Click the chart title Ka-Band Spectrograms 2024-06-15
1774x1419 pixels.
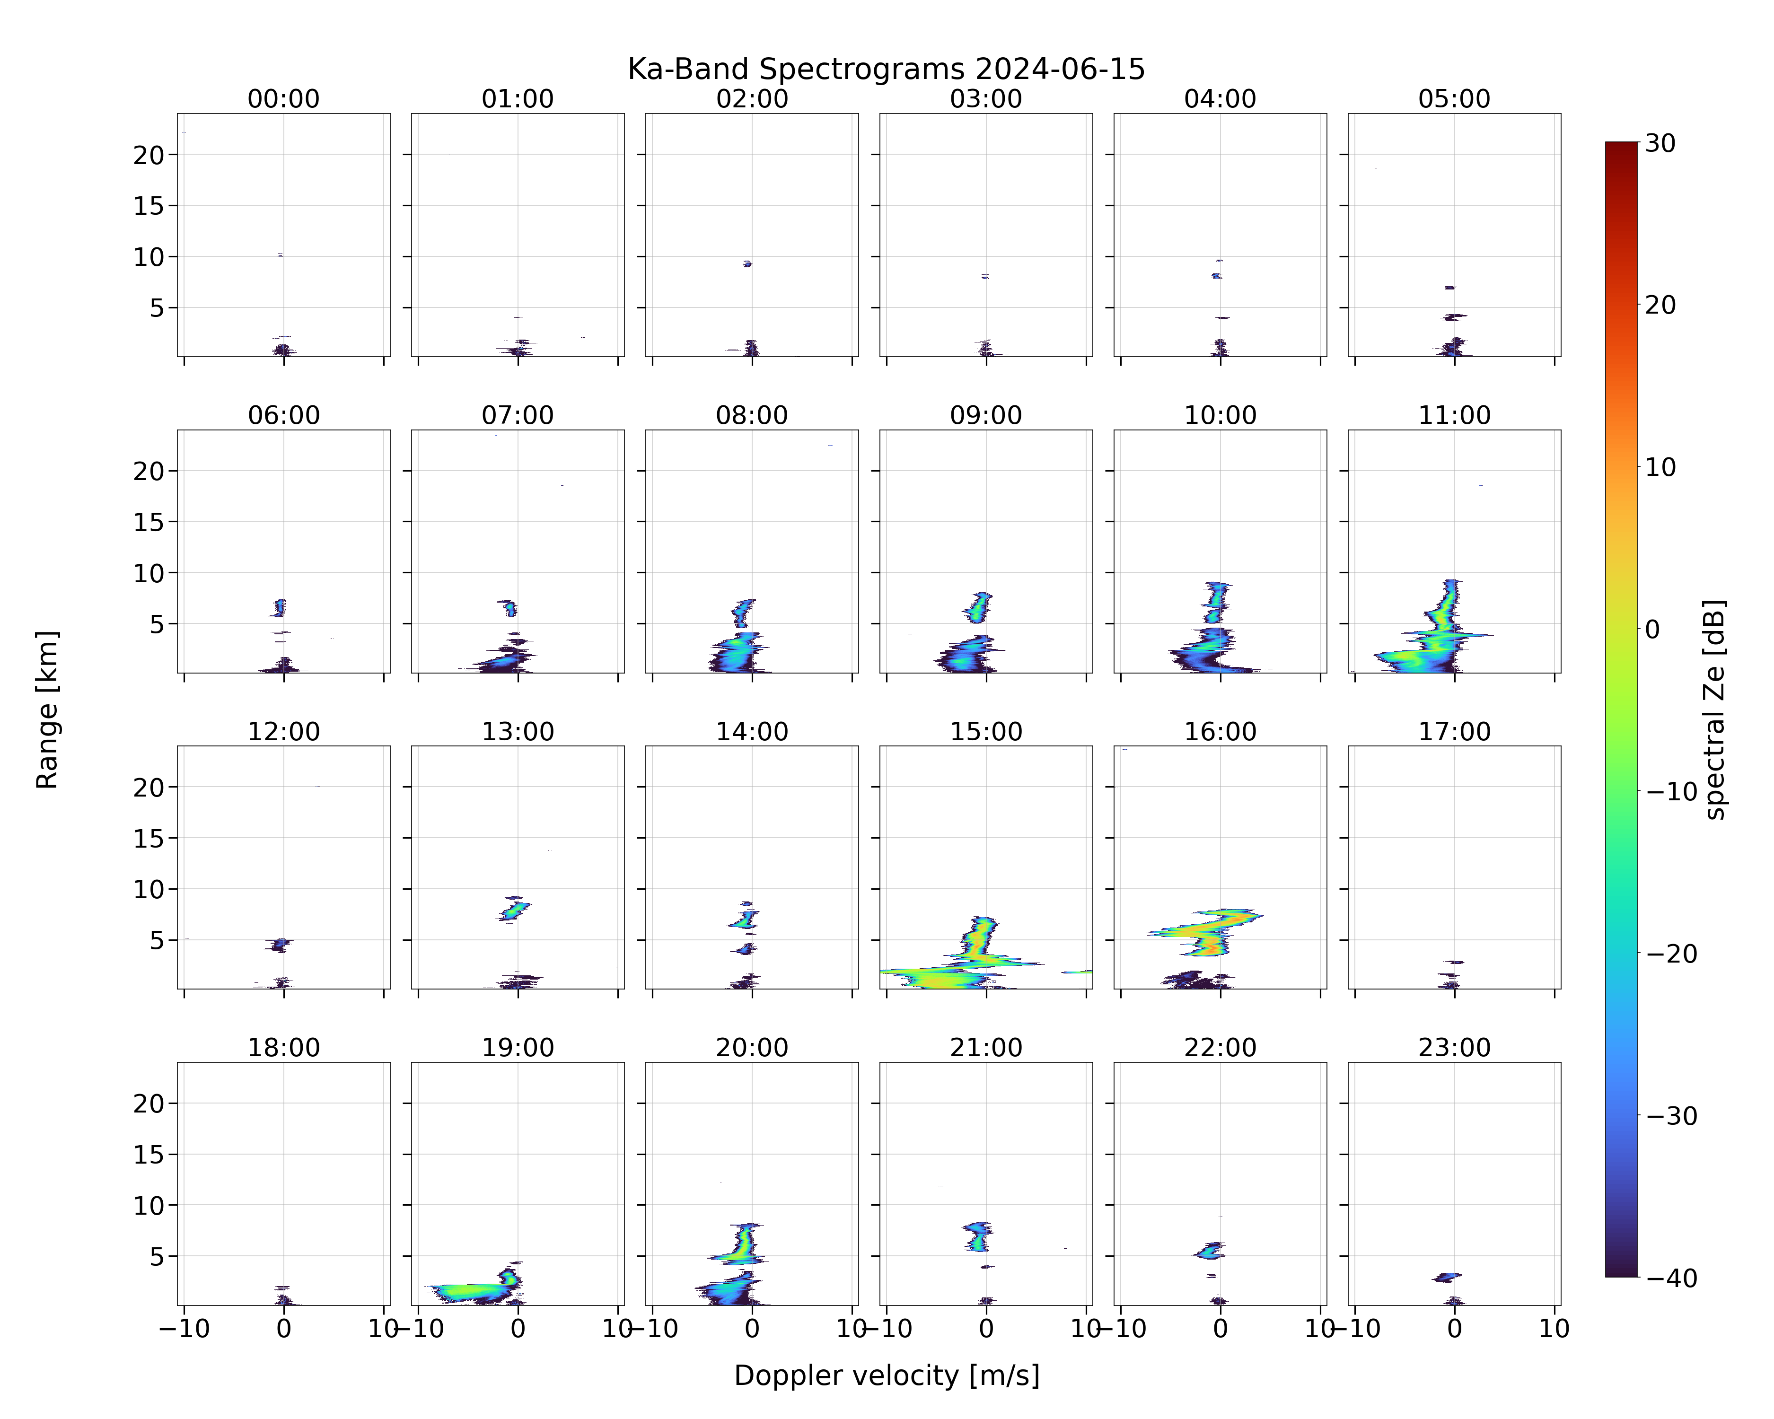point(886,69)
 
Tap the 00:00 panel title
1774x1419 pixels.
point(284,99)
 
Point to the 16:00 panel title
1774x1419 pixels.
point(1220,731)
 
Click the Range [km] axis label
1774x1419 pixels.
point(47,709)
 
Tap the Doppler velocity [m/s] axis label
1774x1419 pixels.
point(886,1375)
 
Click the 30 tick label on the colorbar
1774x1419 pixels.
point(1660,143)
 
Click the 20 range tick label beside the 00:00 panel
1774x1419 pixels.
point(150,155)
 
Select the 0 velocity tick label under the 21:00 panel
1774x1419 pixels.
point(986,1329)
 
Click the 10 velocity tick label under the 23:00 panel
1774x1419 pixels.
point(1554,1329)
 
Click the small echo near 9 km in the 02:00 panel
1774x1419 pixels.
point(747,264)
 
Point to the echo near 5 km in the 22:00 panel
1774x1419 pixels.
point(1211,1251)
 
